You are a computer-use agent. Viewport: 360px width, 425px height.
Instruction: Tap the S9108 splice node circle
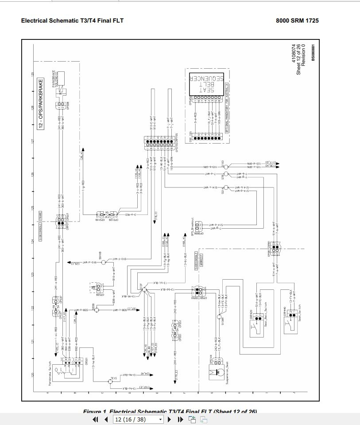[x=104, y=262]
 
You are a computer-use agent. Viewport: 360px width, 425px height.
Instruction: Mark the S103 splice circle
[x=225, y=167]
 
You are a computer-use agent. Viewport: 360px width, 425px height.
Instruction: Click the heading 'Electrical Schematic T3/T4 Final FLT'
[x=72, y=20]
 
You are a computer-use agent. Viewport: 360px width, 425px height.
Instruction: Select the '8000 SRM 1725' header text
[x=297, y=20]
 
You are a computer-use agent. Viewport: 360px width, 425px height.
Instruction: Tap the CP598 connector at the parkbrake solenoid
[x=60, y=105]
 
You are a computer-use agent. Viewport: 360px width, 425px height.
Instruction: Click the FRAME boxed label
[x=40, y=216]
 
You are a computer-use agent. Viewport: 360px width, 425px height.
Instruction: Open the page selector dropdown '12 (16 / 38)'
[x=139, y=419]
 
